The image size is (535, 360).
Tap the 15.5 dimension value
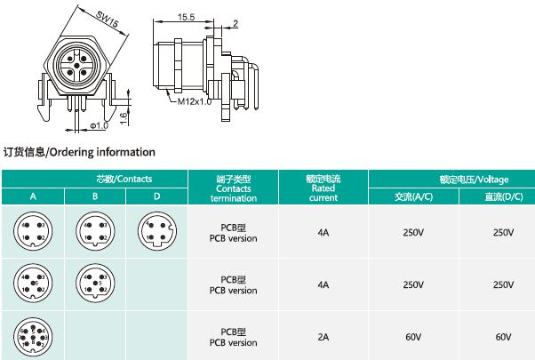pos(186,16)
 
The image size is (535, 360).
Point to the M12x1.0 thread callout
pos(194,101)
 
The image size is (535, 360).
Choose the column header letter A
pos(32,196)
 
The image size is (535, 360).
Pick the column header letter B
pos(94,196)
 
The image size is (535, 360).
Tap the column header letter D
pos(156,196)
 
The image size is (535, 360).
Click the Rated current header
pos(323,188)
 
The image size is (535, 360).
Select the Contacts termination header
pos(234,188)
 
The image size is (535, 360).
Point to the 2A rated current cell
pos(323,337)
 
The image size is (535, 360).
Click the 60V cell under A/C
pos(413,337)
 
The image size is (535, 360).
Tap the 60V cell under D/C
pos(503,337)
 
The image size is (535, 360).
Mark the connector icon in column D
pos(156,233)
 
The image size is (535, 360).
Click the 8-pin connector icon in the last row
pos(32,337)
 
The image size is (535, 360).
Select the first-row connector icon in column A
pos(32,233)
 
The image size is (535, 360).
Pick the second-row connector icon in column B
pos(94,284)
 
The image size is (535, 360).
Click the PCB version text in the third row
pos(234,342)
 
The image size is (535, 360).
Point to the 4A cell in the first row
pos(323,233)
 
